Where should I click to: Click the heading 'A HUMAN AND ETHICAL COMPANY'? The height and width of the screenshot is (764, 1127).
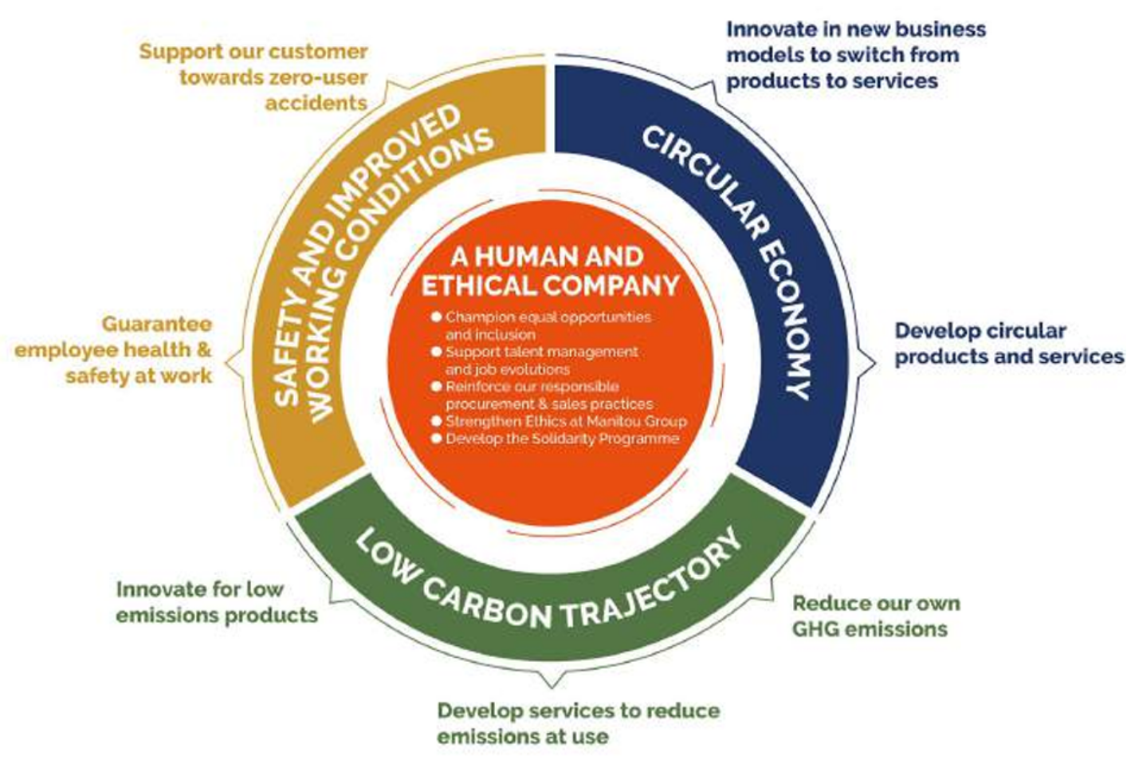[549, 271]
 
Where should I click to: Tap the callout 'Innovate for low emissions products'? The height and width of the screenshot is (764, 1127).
[216, 602]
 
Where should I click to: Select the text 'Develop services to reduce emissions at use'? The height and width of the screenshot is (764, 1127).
[578, 723]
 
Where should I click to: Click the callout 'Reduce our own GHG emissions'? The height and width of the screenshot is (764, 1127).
[875, 616]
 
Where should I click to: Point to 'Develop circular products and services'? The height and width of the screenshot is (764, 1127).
[1008, 344]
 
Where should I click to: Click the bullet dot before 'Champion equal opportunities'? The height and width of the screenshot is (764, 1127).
[436, 317]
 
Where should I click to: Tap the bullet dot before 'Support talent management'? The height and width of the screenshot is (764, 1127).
[436, 352]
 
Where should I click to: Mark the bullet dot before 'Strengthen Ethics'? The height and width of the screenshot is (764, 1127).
[436, 420]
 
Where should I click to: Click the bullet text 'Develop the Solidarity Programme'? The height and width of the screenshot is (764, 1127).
[562, 439]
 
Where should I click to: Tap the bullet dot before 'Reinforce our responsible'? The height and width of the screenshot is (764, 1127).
[436, 386]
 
